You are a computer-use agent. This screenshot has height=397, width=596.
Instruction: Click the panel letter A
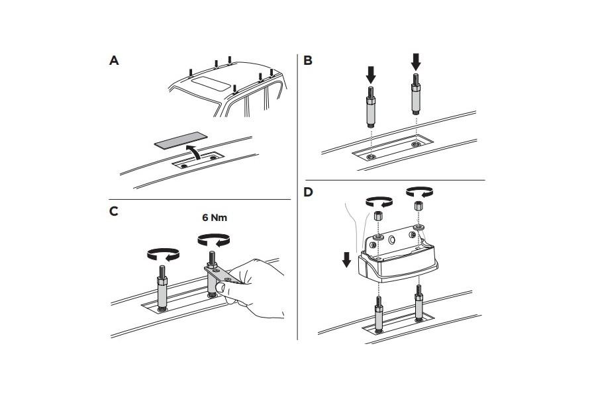tap(114, 61)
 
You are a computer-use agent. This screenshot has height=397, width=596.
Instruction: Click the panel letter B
tap(308, 61)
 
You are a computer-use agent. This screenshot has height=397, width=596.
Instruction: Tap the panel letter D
tap(308, 193)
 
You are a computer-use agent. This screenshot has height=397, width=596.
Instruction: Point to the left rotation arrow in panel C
tap(162, 253)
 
